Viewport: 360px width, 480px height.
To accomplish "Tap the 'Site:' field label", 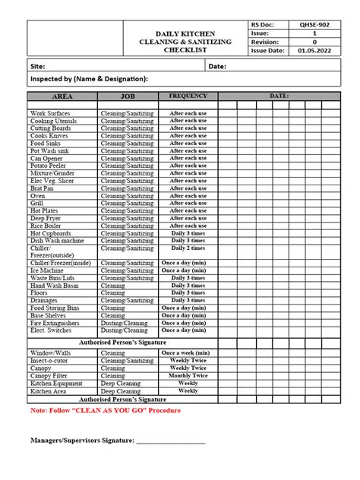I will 38,67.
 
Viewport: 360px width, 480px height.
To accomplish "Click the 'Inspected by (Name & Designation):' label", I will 89,79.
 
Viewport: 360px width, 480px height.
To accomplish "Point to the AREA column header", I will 62,97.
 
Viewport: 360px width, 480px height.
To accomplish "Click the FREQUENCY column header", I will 188,96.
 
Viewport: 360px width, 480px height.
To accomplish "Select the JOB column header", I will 127,97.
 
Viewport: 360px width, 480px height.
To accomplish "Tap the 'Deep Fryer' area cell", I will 46,218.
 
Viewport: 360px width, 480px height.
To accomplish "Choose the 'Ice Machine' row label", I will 47,270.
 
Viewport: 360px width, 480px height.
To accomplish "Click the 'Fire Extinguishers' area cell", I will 55,323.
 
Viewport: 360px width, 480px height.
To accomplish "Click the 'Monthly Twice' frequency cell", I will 188,375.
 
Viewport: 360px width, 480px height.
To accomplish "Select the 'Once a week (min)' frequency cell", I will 188,353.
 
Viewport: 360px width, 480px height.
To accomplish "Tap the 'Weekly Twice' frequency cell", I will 188,361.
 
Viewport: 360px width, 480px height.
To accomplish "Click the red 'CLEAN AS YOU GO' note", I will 106,410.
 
